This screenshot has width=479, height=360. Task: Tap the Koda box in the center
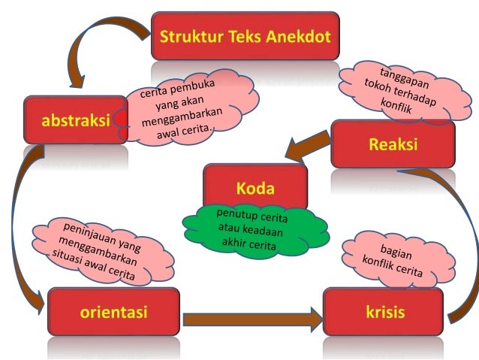tap(255, 186)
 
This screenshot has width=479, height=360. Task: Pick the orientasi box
tap(113, 311)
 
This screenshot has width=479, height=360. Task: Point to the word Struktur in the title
tap(188, 36)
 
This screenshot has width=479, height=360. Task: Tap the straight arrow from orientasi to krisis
tap(252, 319)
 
